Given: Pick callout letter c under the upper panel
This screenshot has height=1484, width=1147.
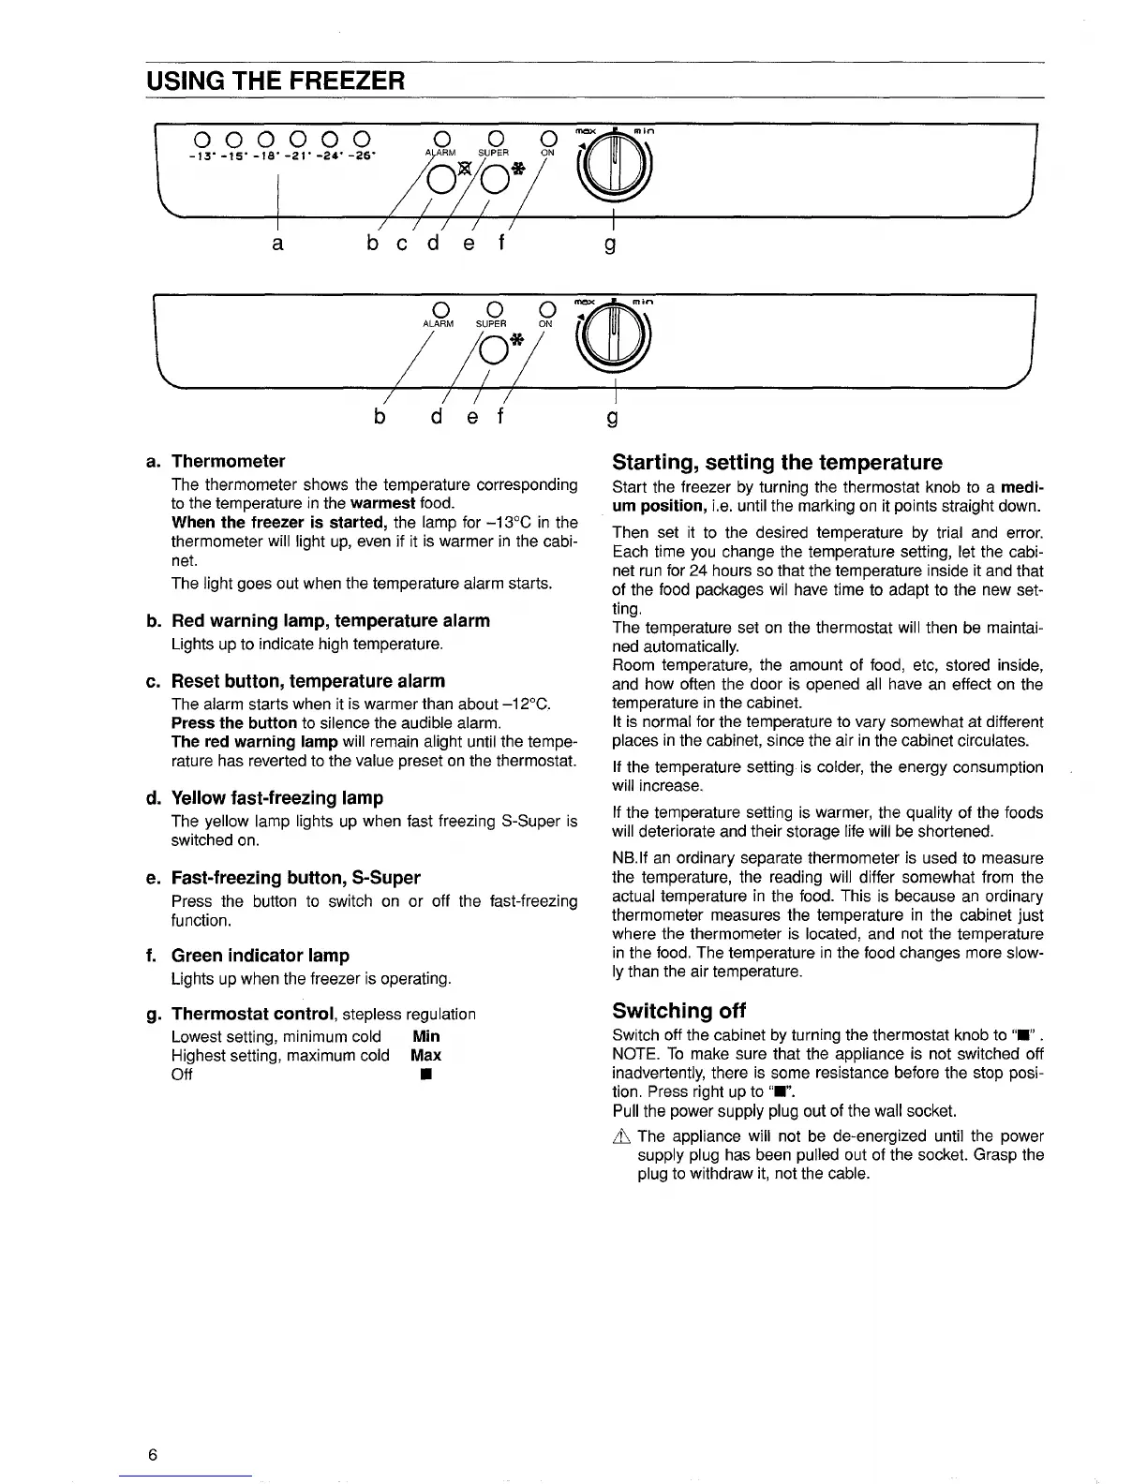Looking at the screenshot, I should coord(403,245).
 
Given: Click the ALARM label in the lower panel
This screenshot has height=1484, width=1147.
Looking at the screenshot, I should coord(438,324).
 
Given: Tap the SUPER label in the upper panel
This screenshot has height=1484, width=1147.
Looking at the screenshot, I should coord(493,154).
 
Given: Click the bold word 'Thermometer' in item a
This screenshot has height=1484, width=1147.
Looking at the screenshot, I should coord(228,461).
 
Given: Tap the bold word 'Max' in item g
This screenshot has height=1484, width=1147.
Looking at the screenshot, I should coord(425,1055).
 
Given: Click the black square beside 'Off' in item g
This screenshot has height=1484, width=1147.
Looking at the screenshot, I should coord(425,1075).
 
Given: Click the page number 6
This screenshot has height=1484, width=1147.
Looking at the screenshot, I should coord(152,1455).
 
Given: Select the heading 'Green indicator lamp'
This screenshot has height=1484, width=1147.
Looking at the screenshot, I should coord(261,956).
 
